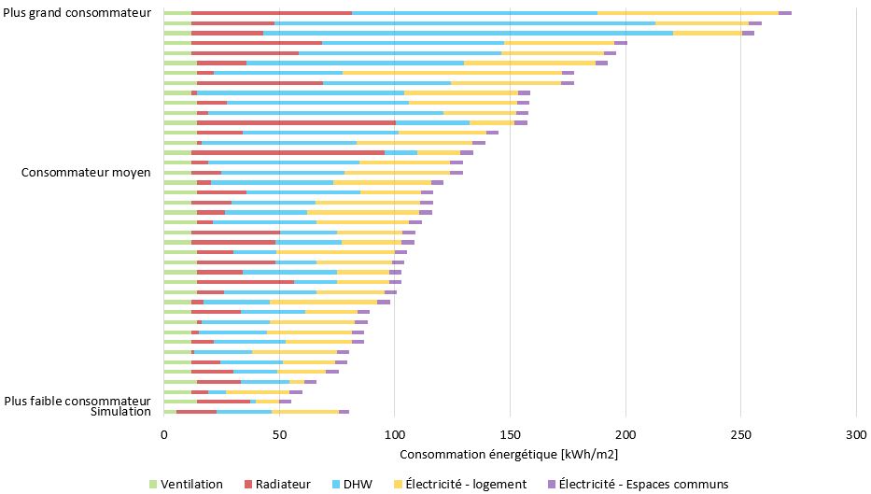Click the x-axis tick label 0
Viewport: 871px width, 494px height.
click(164, 435)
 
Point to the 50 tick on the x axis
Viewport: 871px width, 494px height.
click(279, 435)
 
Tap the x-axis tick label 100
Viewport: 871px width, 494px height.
click(395, 435)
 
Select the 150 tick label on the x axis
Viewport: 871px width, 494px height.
click(510, 435)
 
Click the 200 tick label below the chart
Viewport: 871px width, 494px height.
click(625, 435)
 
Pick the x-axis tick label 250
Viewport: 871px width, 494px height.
click(741, 435)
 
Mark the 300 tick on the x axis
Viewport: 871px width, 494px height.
click(856, 435)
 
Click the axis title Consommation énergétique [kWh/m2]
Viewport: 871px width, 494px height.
click(509, 455)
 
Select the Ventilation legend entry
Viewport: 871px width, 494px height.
click(186, 484)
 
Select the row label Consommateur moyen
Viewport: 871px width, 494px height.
click(86, 173)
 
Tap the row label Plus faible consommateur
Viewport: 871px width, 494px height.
click(77, 401)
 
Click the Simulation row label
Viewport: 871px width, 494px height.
click(120, 412)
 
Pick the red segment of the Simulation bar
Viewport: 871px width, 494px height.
click(196, 412)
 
